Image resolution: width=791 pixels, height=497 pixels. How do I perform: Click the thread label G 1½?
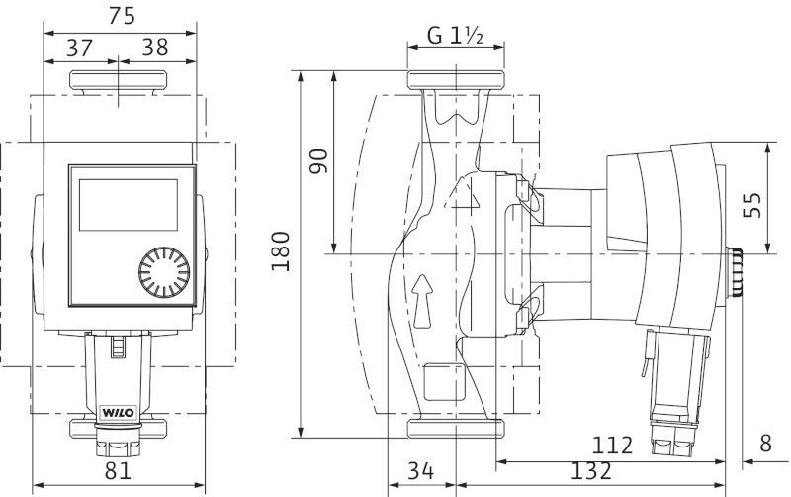[x=456, y=37]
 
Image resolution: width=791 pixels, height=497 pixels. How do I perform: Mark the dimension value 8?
[x=766, y=444]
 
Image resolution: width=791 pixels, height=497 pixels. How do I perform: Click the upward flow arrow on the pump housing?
[x=423, y=296]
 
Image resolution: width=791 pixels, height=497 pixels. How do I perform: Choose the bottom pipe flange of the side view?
[x=457, y=428]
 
